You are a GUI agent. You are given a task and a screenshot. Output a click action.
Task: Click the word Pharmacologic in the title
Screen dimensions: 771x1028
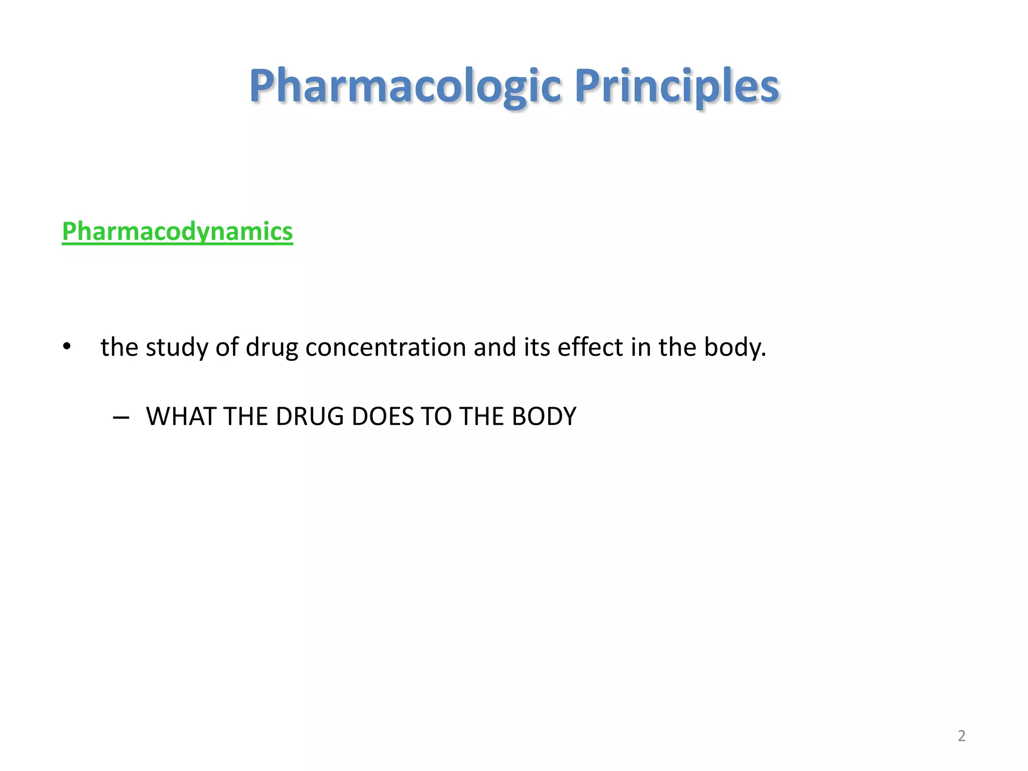pos(405,86)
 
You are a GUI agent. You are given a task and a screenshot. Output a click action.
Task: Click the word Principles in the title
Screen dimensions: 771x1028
pos(677,86)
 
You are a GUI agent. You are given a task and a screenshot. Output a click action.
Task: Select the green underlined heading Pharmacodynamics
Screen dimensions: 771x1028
pos(177,231)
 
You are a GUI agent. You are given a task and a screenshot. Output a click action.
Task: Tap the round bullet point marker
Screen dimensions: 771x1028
pos(67,347)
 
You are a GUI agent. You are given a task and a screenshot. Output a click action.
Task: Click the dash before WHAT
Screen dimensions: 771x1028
pos(121,417)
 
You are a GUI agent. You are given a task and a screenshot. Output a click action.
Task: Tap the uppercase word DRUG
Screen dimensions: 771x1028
pos(310,417)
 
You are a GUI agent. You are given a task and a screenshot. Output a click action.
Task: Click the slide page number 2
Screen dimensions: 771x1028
pos(961,736)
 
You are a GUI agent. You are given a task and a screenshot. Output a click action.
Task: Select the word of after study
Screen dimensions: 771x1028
pos(226,347)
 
